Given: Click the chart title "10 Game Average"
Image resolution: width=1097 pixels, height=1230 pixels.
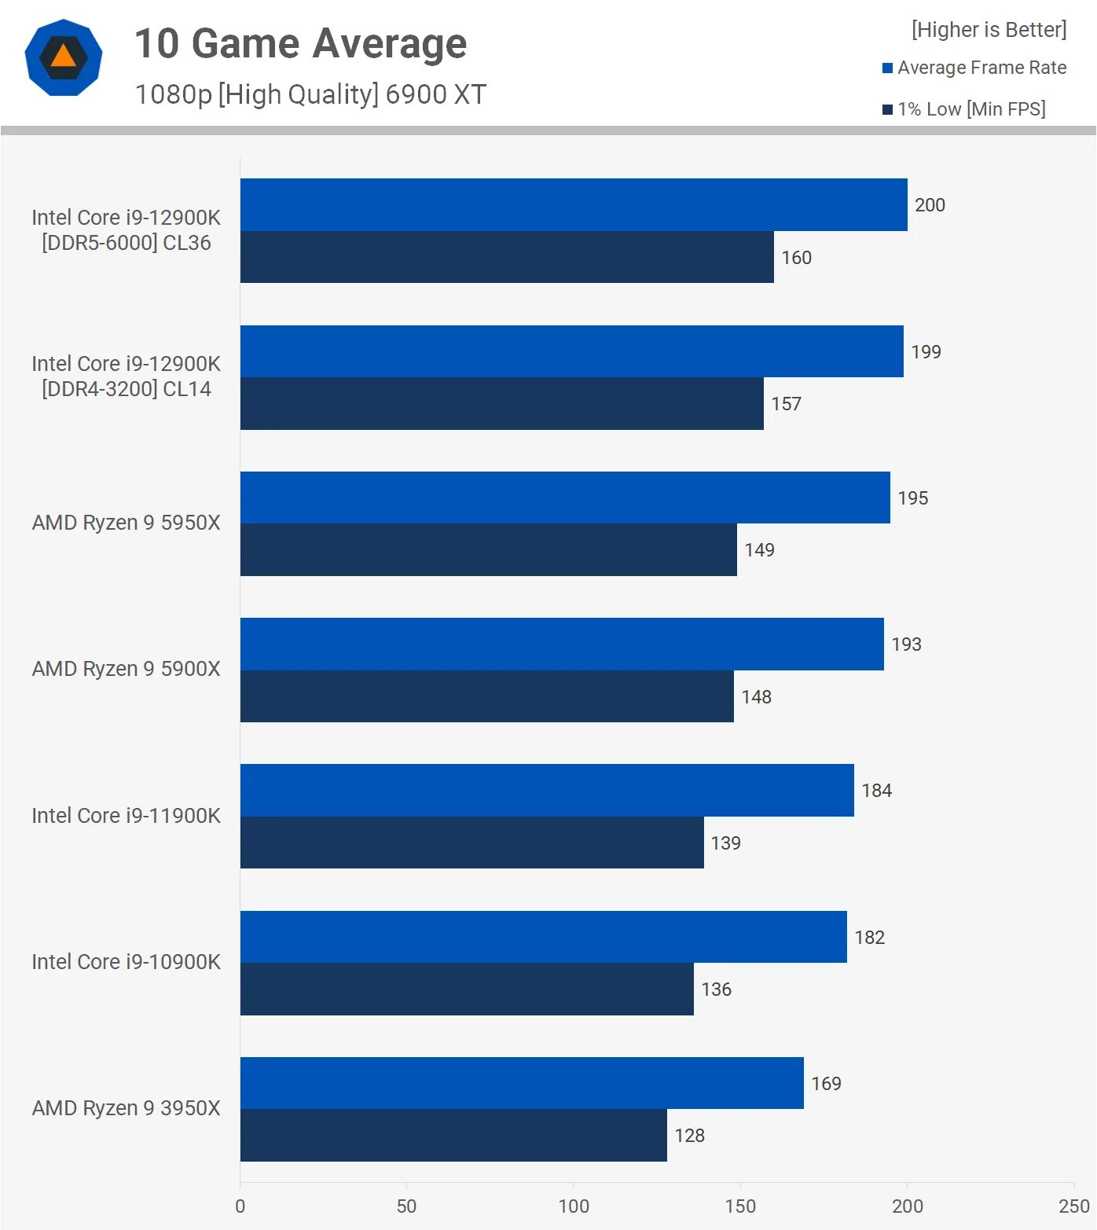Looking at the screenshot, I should point(300,44).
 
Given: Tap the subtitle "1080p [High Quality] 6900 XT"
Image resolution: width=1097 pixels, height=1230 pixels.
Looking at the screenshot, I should point(310,94).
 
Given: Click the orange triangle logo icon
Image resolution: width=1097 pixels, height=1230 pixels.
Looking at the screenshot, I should point(64,57).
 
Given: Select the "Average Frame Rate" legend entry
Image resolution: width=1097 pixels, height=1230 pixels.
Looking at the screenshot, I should point(981,68).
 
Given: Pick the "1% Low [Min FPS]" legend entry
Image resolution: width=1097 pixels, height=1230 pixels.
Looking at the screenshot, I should point(970,109).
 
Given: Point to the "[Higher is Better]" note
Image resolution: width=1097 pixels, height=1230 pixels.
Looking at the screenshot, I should point(989,30).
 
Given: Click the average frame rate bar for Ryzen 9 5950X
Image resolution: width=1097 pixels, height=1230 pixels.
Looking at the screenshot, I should point(565,498).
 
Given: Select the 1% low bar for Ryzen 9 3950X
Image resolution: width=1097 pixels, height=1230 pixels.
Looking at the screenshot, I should point(453,1135).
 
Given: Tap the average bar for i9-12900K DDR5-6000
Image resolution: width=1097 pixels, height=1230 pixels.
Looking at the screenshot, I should point(574,204).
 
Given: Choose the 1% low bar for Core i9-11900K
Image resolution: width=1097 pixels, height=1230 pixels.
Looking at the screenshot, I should point(471,843).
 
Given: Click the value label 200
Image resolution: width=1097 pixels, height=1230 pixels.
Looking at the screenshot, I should point(930,205).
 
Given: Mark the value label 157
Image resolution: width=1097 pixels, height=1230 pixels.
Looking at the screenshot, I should point(786,404).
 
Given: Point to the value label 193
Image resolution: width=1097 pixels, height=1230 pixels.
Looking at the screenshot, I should point(906,644).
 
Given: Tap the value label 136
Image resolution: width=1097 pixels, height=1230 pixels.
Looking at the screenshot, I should point(716,990).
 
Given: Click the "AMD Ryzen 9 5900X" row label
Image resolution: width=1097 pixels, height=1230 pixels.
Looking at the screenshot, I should point(126,669).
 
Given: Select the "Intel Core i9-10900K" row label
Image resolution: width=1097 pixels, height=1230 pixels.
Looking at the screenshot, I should point(126,962).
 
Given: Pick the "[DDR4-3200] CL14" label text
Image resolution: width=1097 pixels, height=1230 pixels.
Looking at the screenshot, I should point(126,389).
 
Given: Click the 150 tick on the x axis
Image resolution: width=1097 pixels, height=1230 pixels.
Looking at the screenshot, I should point(739,1206).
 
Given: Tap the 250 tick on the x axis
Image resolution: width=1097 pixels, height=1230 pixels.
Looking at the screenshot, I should point(1073,1206).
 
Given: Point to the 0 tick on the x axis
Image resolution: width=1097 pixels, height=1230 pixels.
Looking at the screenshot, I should point(240,1206).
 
